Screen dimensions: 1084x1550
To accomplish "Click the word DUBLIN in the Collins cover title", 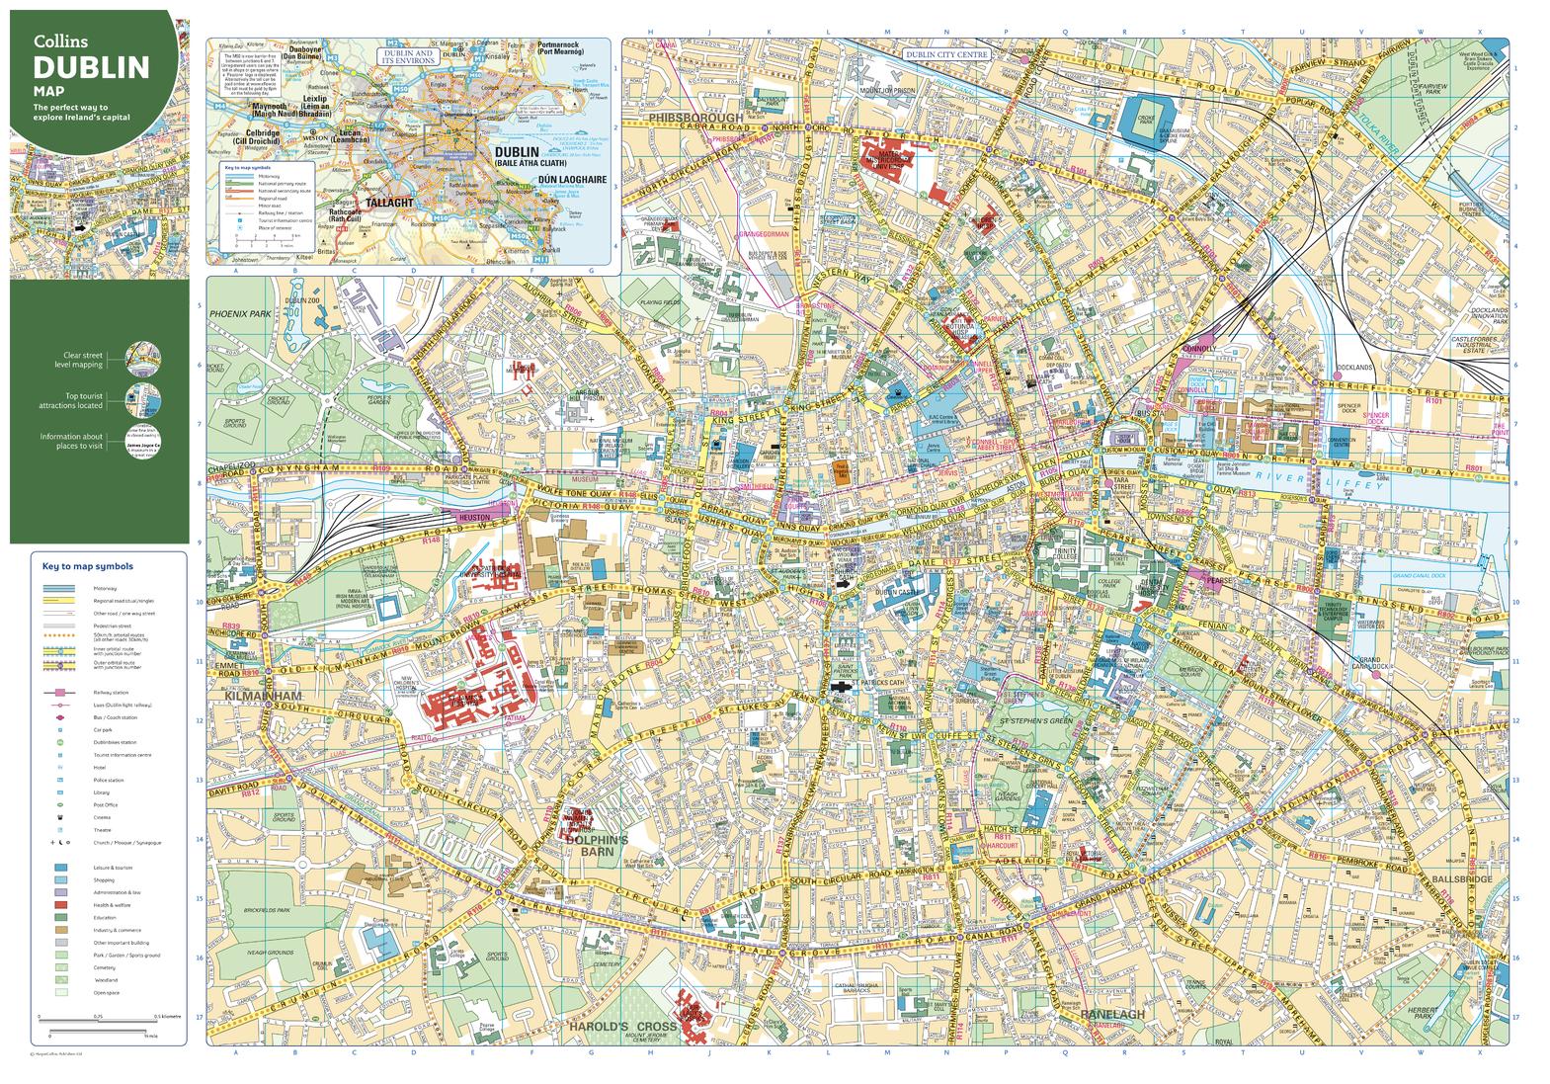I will [91, 68].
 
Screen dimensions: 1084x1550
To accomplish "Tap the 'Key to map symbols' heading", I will [87, 566].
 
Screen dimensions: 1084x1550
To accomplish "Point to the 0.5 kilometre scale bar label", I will [170, 1016].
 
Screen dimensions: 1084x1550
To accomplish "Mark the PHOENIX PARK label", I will [239, 312].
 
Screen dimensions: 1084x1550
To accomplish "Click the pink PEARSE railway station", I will [1213, 581].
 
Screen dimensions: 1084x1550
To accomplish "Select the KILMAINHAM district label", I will [255, 697].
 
